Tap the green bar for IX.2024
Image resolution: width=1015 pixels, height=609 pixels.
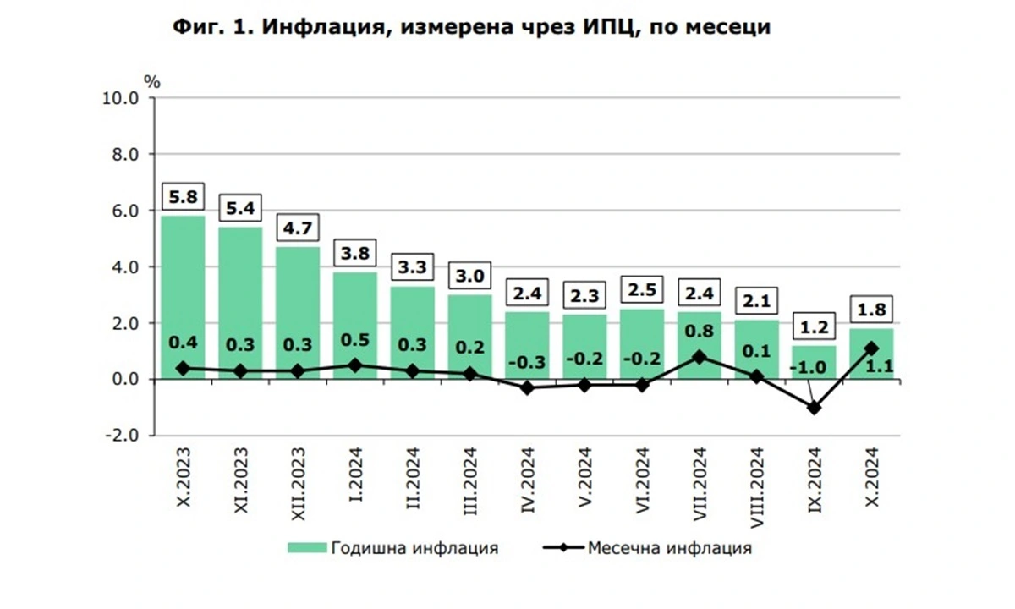(815, 362)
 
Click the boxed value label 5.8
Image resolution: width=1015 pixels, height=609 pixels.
(183, 197)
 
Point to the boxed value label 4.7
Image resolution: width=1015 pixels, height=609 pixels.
(298, 228)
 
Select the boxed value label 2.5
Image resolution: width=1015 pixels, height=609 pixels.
(642, 290)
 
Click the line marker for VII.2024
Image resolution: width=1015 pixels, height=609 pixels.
(700, 357)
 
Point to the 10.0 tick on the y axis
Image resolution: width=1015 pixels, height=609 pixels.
(121, 98)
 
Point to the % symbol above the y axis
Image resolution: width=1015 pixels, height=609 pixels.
(151, 81)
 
